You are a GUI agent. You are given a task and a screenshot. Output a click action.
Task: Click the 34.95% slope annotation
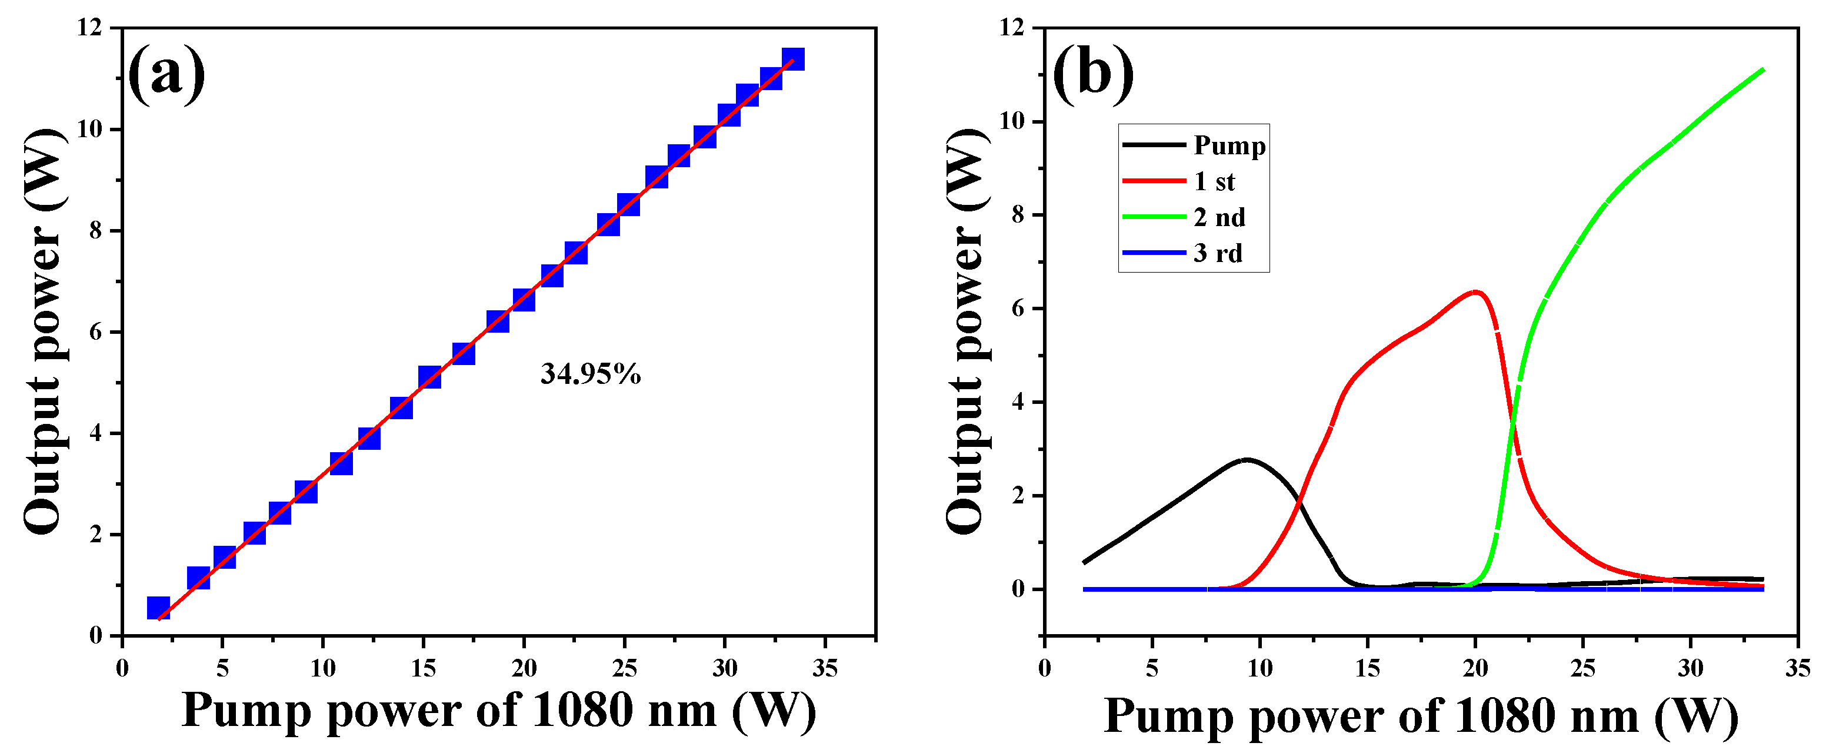(590, 374)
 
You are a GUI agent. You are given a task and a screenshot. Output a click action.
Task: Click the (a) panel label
(166, 73)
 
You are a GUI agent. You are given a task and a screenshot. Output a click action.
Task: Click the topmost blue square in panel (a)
(792, 59)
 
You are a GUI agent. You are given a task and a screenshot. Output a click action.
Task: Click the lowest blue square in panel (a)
(158, 608)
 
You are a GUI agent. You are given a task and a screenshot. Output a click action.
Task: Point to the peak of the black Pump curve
(1246, 460)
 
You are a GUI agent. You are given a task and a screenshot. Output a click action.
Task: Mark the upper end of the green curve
(1762, 69)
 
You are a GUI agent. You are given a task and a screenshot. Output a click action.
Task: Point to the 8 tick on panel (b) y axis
(1018, 215)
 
